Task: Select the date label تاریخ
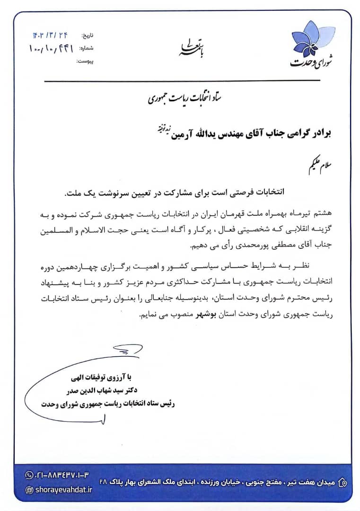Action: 88,35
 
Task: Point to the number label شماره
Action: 87,48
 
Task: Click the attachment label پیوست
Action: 86,62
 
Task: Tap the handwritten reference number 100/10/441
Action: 51,48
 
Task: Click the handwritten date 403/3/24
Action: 50,35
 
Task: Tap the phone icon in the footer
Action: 29,475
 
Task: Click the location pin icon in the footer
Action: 343,483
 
